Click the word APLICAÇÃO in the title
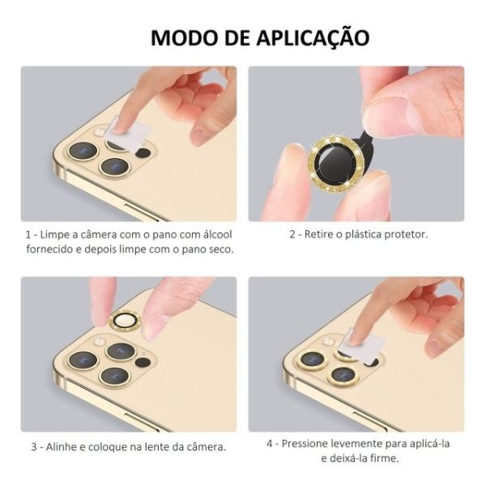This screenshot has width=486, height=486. [x=313, y=38]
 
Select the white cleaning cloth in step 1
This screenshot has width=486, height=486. [x=126, y=134]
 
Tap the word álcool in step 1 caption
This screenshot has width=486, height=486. [x=218, y=234]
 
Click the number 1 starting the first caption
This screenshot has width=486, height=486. [x=28, y=235]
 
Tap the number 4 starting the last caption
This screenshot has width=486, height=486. [x=270, y=444]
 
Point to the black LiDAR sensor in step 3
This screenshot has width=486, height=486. [x=143, y=362]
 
